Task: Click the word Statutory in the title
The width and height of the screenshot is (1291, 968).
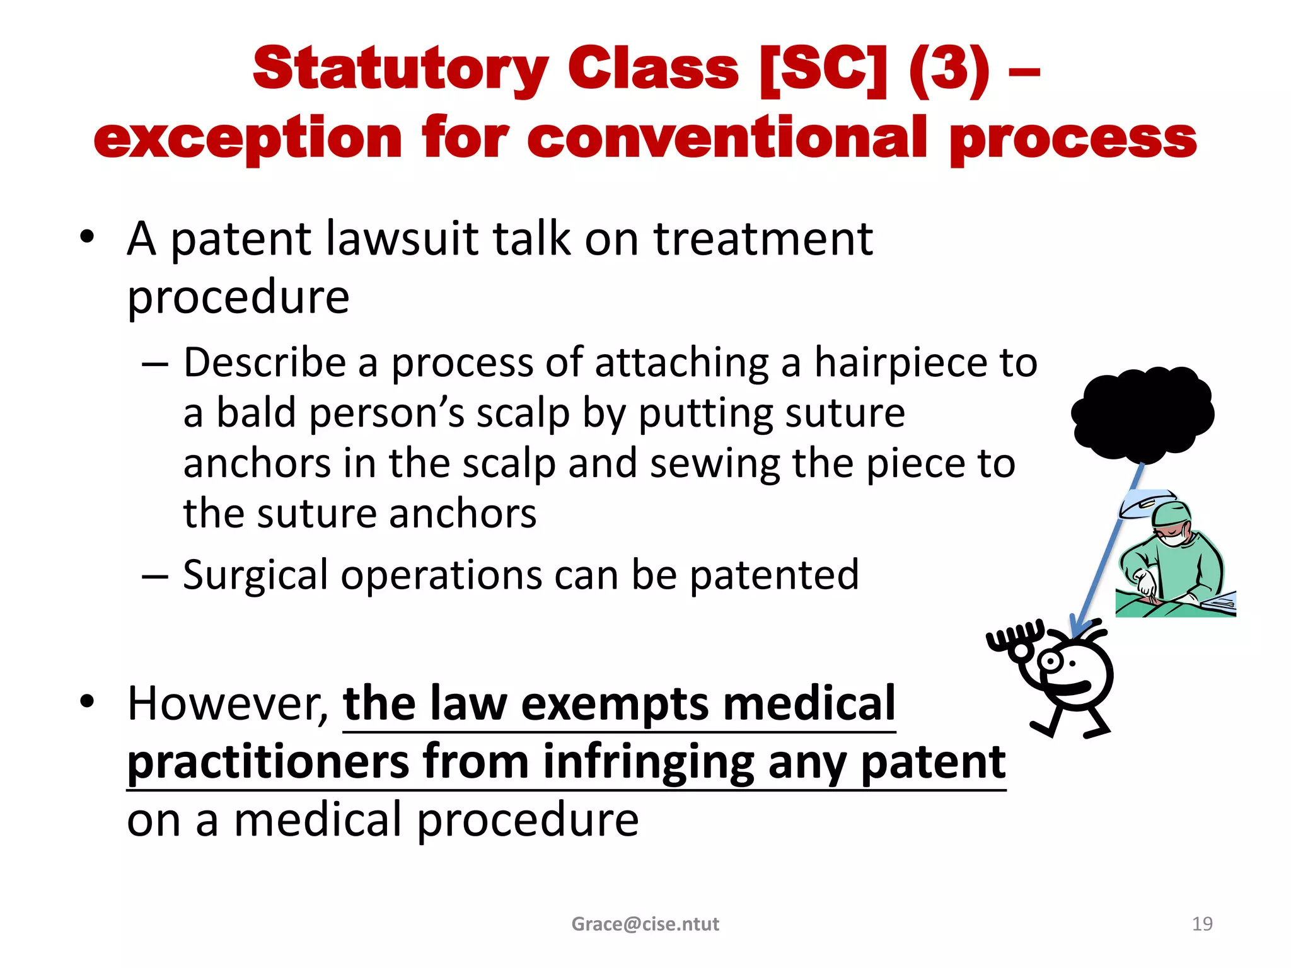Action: coord(400,69)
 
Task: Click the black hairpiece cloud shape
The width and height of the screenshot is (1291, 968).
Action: coord(1142,413)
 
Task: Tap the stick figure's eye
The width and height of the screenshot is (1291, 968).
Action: coord(1050,662)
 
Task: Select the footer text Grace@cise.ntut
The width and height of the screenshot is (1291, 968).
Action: coord(645,924)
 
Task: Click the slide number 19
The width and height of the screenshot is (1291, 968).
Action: coord(1202,924)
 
